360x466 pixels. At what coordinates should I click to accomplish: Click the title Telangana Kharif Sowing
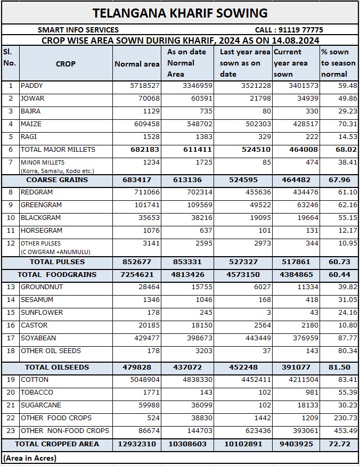point(180,13)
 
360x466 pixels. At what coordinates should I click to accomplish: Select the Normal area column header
point(137,64)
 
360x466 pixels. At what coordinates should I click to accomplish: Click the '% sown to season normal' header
point(338,63)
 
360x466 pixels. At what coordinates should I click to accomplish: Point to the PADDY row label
point(32,86)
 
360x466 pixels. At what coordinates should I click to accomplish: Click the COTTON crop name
point(35,380)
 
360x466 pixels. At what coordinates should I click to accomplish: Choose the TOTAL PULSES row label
point(57,262)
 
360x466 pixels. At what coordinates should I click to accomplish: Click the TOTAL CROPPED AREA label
point(57,444)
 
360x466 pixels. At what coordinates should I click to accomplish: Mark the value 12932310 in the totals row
point(137,444)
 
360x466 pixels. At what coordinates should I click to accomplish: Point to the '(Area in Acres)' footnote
point(30,458)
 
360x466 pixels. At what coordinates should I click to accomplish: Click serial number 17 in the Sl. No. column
point(10,338)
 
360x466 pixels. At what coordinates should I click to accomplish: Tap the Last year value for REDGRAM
point(257,192)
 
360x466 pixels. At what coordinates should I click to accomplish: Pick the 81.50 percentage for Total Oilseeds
point(339,367)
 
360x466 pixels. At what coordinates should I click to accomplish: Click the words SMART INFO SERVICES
point(78,30)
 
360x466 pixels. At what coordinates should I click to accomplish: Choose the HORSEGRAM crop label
point(42,231)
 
